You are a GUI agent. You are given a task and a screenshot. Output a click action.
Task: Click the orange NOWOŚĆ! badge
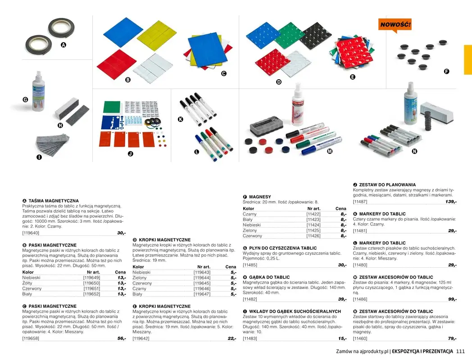[x=395, y=25]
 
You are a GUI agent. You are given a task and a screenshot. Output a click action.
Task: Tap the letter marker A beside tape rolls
[x=63, y=45]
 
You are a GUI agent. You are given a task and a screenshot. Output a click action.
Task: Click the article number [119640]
[x=31, y=233]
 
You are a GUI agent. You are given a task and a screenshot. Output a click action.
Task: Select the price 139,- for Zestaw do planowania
[x=450, y=202]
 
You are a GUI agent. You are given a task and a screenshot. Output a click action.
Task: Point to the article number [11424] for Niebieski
[x=313, y=225]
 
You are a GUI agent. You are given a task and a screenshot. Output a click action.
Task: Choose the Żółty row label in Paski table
[x=28, y=283]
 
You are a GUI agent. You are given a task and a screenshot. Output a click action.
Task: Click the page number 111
[x=460, y=351]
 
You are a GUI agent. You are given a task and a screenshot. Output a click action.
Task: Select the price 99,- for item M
[x=452, y=299]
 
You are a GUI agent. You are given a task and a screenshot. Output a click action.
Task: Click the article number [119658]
[x=31, y=338]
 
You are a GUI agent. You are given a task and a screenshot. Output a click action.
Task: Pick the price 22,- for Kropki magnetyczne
[x=231, y=338]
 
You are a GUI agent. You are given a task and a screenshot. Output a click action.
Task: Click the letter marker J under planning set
[x=130, y=154]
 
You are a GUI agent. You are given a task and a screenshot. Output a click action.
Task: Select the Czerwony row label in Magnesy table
[x=252, y=236]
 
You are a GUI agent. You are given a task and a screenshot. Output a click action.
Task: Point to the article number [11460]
[x=360, y=338]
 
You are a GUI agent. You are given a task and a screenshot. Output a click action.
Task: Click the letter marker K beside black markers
[x=181, y=119]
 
